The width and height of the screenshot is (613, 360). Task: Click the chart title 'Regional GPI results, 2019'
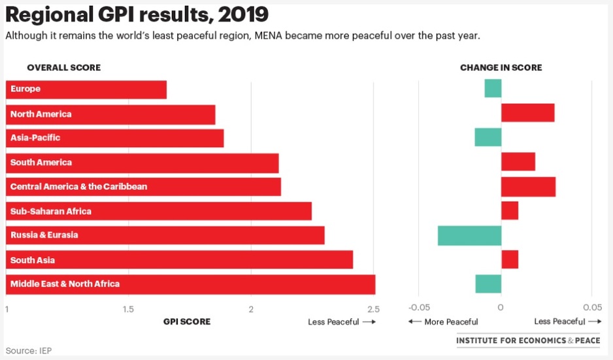[x=137, y=14]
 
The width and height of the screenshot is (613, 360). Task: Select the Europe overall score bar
[x=86, y=90]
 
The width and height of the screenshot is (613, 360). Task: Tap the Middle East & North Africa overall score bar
[x=190, y=284]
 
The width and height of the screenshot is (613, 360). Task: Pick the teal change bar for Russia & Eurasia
[x=469, y=236]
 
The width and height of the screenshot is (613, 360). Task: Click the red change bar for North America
[x=527, y=113]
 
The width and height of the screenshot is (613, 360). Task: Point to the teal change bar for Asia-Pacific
[x=488, y=137]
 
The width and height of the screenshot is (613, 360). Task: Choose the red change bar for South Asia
[x=510, y=259]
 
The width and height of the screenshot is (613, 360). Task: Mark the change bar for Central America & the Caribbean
[x=528, y=186]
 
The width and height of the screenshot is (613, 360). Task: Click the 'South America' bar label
[x=41, y=163]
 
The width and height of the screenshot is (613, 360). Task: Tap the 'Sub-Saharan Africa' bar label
[x=51, y=212]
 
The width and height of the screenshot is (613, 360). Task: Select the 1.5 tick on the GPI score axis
[x=128, y=309]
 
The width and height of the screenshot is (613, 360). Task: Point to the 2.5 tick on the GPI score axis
[x=373, y=309]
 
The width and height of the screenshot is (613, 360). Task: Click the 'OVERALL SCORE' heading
[x=63, y=68]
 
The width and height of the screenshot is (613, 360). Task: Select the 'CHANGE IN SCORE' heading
[x=501, y=68]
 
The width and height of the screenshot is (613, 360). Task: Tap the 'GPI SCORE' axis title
[x=186, y=321]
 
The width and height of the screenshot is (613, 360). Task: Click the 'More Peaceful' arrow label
[x=443, y=322]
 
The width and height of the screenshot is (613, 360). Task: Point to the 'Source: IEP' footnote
[x=29, y=351]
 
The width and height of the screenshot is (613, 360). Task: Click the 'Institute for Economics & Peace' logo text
[x=527, y=340]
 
